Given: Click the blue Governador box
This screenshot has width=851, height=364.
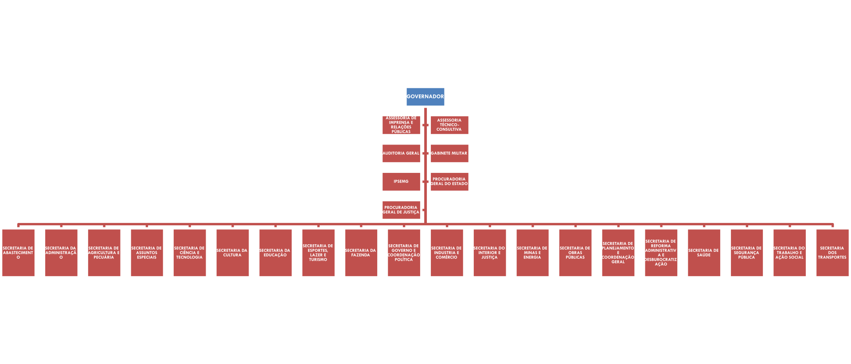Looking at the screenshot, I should (425, 97).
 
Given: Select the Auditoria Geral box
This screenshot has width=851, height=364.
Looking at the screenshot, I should (401, 153).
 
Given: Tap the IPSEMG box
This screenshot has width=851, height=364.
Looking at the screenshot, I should (401, 181).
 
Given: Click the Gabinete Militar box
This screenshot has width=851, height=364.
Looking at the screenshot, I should (449, 153).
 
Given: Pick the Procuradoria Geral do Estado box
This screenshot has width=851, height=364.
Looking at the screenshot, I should (449, 181).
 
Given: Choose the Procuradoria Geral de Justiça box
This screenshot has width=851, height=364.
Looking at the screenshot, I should (401, 210).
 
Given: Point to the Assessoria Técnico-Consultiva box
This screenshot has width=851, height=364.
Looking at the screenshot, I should (449, 125).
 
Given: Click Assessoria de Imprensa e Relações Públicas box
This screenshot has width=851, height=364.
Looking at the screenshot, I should (401, 125).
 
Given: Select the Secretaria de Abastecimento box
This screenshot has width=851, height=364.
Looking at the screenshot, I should (18, 253).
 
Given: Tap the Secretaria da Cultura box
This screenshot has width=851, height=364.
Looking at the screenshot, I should (232, 253).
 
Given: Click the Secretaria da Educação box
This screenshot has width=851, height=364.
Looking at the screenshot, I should (275, 253).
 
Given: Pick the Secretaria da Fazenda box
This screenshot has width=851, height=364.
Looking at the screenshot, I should (361, 253).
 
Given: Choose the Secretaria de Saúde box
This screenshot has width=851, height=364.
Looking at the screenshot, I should (704, 253).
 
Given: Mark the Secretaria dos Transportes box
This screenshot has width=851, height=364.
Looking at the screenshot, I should (832, 253).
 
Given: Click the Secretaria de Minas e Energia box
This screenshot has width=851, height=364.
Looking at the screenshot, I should (532, 253).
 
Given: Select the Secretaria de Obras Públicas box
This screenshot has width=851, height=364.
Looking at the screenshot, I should (575, 253).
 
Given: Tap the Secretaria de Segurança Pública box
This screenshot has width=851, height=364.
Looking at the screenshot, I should (746, 253).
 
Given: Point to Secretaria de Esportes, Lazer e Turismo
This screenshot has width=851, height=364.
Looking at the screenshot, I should (318, 253).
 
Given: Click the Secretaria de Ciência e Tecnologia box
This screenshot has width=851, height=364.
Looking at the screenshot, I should (190, 253).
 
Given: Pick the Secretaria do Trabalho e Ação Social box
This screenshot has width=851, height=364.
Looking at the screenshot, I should (789, 253).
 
